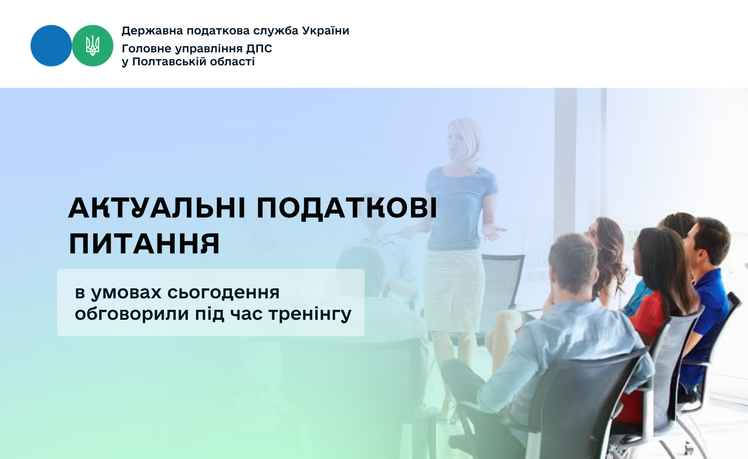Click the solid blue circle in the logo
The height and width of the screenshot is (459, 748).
click(x=51, y=46)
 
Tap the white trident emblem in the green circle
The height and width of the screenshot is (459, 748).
click(x=92, y=46)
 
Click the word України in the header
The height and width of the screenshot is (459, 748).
click(x=326, y=31)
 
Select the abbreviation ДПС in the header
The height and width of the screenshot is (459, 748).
click(x=259, y=49)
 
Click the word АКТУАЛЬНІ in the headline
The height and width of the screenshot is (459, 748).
click(x=157, y=209)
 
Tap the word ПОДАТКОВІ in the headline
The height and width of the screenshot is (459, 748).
click(x=347, y=209)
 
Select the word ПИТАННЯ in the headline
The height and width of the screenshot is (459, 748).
click(x=144, y=244)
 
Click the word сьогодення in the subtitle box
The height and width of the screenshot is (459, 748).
click(x=223, y=293)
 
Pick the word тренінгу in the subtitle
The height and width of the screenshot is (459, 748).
click(x=310, y=314)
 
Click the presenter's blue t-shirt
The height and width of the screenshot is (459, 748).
click(x=461, y=208)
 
